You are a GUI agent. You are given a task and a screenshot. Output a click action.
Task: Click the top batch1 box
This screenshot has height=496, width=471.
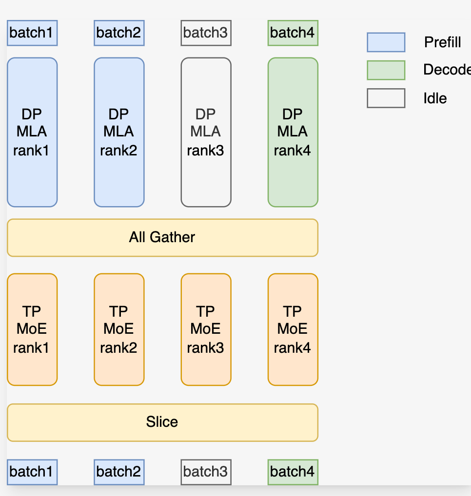click(32, 33)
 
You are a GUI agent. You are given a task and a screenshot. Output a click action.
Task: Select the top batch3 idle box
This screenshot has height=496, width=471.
click(205, 33)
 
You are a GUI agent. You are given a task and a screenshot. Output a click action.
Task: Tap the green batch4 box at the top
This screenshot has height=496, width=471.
click(293, 33)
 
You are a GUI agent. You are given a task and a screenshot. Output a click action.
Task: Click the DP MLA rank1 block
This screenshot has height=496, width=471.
click(32, 132)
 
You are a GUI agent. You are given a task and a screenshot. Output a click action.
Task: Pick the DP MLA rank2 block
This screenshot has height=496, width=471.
click(118, 132)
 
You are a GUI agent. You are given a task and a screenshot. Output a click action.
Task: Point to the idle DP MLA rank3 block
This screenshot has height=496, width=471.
click(205, 132)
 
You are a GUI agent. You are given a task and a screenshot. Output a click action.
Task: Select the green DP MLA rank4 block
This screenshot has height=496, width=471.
click(293, 132)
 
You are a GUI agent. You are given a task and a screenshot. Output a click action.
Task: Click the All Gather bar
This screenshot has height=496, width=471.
click(162, 237)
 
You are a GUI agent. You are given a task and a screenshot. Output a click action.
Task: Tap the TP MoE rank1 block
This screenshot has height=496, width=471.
click(32, 329)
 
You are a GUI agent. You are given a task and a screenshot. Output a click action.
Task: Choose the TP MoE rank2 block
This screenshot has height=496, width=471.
click(118, 329)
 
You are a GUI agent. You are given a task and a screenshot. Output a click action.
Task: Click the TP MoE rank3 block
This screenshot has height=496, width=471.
click(205, 329)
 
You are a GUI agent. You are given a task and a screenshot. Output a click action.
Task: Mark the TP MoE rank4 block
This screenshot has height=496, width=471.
click(293, 329)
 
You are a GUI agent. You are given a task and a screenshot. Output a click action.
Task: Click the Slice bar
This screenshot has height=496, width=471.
click(162, 422)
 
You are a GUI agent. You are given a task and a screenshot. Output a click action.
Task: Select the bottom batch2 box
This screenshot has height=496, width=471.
click(118, 472)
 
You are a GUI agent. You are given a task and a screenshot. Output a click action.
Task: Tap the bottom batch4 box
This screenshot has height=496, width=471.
click(293, 472)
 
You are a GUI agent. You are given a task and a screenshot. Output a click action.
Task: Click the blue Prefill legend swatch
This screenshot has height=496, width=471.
click(386, 42)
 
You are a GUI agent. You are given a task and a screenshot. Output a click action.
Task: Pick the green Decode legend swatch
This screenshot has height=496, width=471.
click(386, 70)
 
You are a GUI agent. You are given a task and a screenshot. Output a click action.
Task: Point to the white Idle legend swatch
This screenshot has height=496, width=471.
click(386, 98)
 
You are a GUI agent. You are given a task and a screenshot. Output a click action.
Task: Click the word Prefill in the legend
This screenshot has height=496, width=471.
click(442, 42)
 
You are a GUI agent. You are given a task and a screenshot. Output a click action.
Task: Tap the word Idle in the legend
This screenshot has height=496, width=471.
click(435, 98)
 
